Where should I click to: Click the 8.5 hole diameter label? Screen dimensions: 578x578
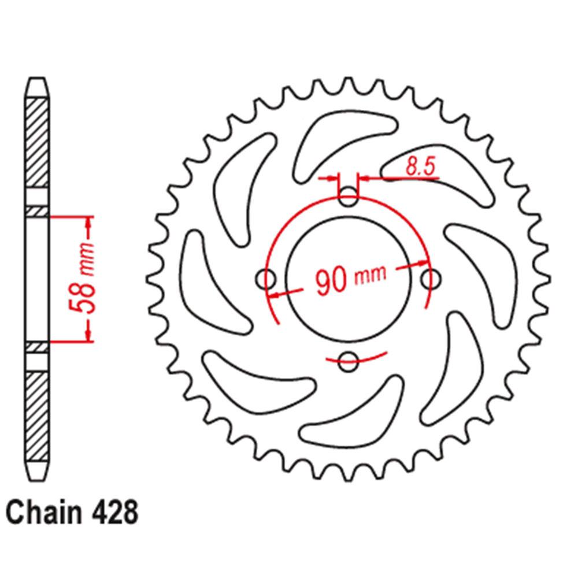(x=421, y=166)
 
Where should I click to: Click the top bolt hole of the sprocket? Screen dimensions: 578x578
(x=348, y=197)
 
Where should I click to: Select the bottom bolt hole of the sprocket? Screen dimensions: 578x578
(x=348, y=361)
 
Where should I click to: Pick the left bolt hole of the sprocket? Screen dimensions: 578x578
(x=265, y=279)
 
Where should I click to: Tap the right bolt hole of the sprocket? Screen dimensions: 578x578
(x=431, y=279)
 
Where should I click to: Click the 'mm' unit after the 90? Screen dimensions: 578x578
(x=370, y=276)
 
